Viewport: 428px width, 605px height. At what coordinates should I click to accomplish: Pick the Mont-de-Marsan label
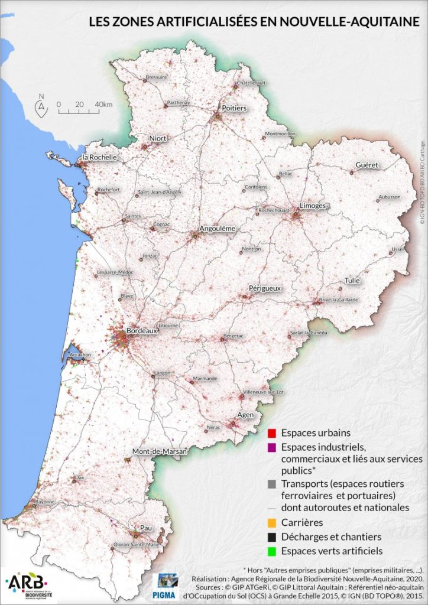click(159, 452)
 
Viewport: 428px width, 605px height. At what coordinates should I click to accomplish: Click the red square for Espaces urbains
click(272, 433)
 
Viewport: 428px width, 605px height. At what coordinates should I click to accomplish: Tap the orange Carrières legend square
click(272, 523)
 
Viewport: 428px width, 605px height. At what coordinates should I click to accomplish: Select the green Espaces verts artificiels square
click(272, 551)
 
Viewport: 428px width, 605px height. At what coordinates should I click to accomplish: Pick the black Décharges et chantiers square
click(272, 537)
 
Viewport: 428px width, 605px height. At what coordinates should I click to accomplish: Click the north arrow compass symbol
click(41, 106)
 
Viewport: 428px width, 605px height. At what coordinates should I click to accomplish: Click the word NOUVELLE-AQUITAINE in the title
click(351, 22)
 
